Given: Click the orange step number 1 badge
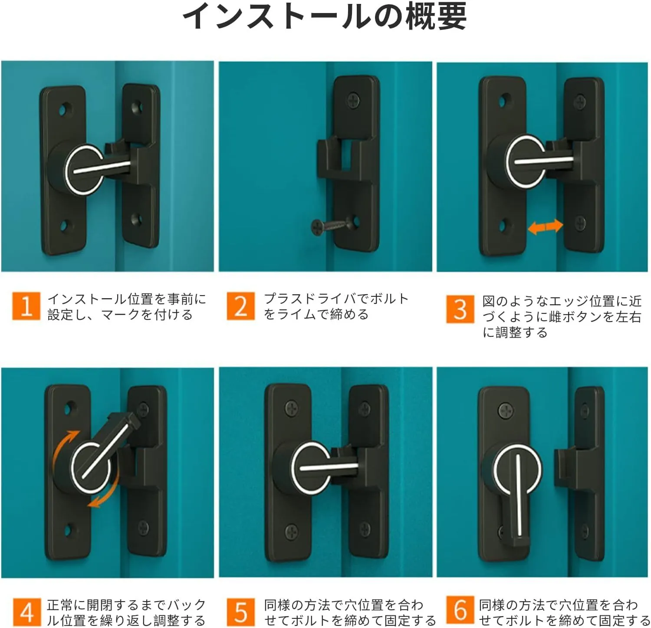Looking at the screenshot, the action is click(26, 306).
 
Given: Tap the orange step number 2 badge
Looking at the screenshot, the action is click(241, 306).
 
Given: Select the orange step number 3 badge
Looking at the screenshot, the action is click(460, 309).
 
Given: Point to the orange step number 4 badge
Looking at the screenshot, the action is click(26, 612).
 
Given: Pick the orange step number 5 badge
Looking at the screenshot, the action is click(241, 612).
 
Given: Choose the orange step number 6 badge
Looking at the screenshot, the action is click(460, 610).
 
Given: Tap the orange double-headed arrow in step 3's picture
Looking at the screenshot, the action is click(546, 226).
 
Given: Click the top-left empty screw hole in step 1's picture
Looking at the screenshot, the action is click(66, 108).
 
